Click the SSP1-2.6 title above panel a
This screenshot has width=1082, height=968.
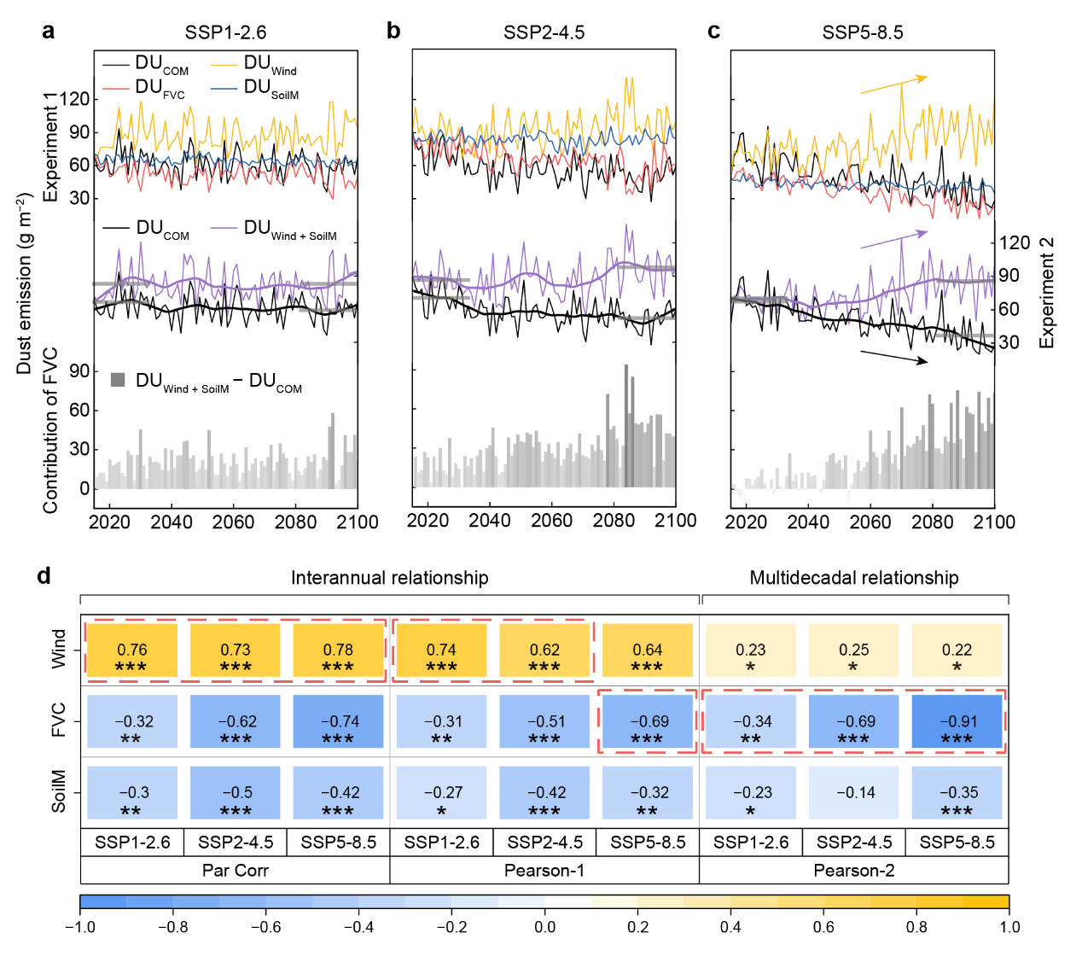coord(225,32)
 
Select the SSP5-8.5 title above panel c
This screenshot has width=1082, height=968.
coord(862,32)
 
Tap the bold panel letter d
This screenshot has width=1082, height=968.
coord(44,576)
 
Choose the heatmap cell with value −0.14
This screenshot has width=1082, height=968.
coord(854,793)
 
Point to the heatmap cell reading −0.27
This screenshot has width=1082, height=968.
coord(441,793)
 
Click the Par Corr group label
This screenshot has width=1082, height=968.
coord(235,871)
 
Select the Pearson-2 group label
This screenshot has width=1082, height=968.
coord(853,871)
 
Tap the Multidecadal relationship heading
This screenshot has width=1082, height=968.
coord(853,578)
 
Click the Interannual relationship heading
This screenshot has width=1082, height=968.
coord(389,578)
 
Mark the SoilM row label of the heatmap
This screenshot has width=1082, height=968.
coord(59,791)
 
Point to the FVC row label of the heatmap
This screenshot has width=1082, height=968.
coord(59,720)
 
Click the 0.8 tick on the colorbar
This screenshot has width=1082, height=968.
coord(916,927)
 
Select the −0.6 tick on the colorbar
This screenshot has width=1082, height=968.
coord(265,927)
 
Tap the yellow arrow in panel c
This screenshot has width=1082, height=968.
coord(893,85)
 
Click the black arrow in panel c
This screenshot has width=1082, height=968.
coord(893,357)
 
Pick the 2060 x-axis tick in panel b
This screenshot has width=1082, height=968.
coord(551,521)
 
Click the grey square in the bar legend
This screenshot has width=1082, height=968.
coord(119,380)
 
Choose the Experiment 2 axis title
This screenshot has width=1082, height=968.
coord(1047,293)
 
